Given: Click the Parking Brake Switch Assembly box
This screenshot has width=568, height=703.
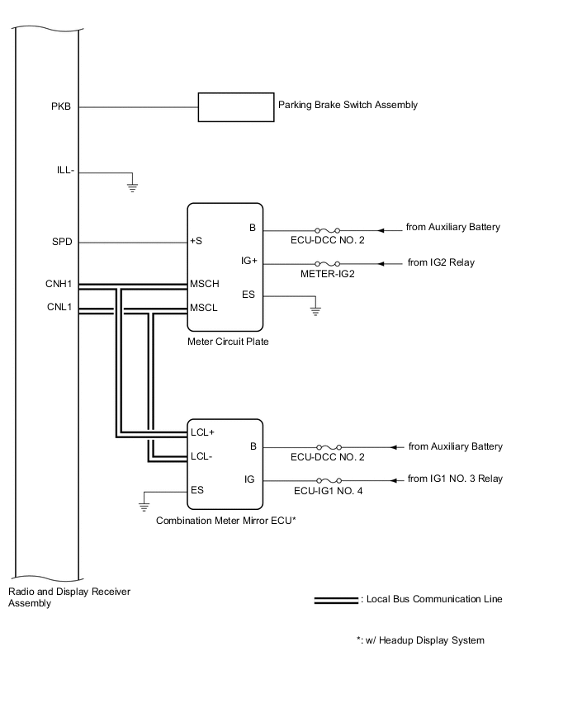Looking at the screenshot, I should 236,106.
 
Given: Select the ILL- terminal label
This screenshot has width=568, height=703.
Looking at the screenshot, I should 65,170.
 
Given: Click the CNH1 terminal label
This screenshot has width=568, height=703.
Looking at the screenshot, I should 59,285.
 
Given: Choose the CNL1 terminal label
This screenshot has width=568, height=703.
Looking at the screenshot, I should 59,309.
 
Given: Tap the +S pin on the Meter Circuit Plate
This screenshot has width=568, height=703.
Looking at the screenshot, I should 197,243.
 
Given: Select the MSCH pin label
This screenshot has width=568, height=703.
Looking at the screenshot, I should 204,285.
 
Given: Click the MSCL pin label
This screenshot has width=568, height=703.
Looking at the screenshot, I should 203,309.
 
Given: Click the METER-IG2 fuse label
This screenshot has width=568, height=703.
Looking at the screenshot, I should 328,275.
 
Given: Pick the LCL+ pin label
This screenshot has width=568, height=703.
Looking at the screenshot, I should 203,432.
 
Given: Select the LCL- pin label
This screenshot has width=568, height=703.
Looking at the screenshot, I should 202,455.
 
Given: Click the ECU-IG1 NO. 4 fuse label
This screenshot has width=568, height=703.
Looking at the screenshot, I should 328,491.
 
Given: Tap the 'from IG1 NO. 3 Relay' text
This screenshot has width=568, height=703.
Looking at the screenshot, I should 455,479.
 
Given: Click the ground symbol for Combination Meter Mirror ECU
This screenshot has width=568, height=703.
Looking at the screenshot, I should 144,502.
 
